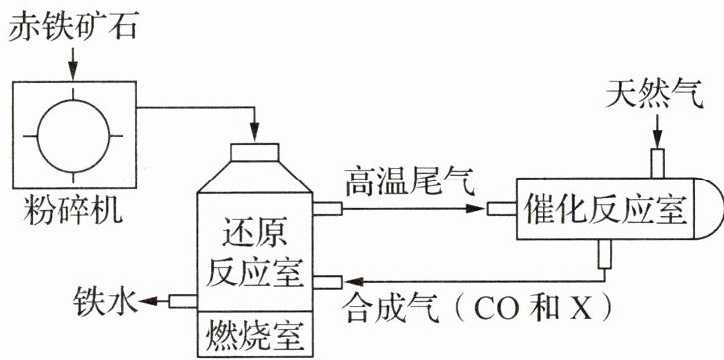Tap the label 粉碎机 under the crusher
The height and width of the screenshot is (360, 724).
point(74,210)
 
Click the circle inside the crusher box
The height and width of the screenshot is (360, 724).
point(73,136)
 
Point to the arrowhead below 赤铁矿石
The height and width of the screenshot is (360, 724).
point(73,72)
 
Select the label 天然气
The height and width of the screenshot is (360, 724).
point(655,93)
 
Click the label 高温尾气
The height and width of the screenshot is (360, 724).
point(411,183)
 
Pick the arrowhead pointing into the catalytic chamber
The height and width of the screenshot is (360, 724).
point(475,209)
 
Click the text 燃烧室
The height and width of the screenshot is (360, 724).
point(256,335)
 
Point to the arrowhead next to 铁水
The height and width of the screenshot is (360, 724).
point(148,301)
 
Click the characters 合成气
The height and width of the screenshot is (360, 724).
point(391,309)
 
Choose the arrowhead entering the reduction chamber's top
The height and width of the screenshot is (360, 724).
point(255,131)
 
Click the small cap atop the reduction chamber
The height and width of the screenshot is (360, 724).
point(255,152)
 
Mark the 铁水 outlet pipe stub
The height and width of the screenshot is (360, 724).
point(182,301)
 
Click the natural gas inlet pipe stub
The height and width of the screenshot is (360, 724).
point(657,163)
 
